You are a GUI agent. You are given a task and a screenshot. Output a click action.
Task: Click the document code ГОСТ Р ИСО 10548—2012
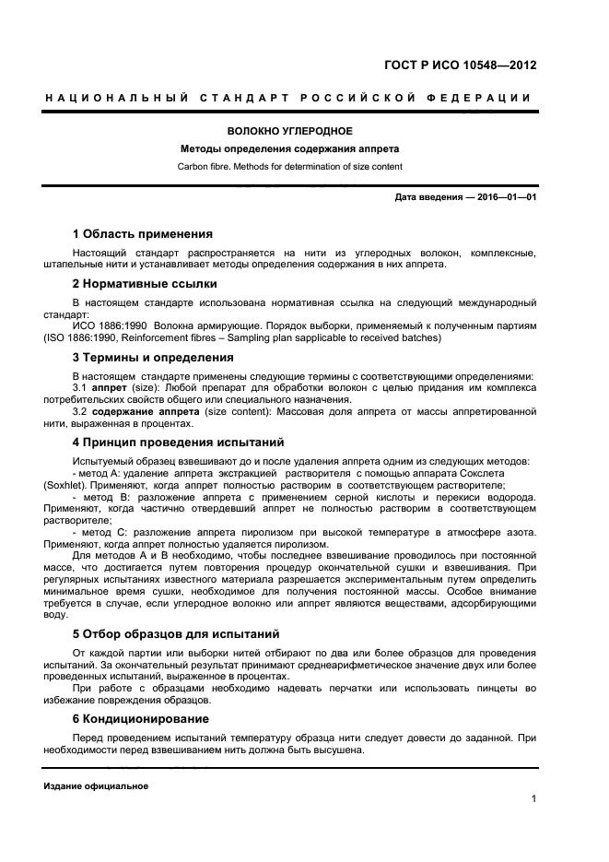pyautogui.click(x=460, y=65)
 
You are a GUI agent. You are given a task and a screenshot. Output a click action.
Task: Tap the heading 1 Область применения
pyautogui.click(x=142, y=233)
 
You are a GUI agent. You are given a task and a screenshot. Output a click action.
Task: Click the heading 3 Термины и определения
pyautogui.click(x=152, y=358)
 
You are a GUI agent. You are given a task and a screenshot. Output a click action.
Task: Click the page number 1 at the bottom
pyautogui.click(x=533, y=799)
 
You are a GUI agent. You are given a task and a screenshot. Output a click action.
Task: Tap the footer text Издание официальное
pyautogui.click(x=96, y=786)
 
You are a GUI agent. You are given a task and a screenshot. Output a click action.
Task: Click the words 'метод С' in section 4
pyautogui.click(x=102, y=532)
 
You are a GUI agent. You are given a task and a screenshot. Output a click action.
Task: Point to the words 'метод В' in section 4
pyautogui.click(x=102, y=496)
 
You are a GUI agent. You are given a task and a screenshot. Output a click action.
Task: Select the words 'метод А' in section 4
pyautogui.click(x=102, y=472)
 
